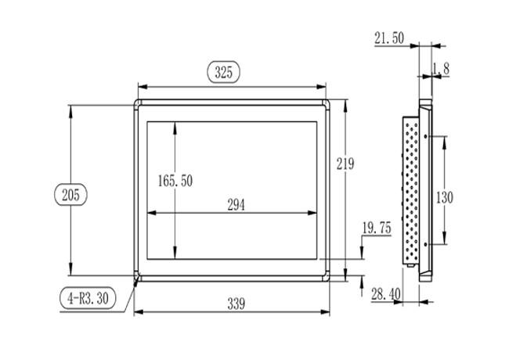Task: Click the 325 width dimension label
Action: pyautogui.click(x=224, y=72)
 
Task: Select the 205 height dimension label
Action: pyautogui.click(x=70, y=195)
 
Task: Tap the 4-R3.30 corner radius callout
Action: pyautogui.click(x=88, y=298)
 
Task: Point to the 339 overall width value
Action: pyautogui.click(x=236, y=304)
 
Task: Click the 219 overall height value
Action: pyautogui.click(x=345, y=164)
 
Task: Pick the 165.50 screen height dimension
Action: pyautogui.click(x=175, y=181)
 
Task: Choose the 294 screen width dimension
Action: pyautogui.click(x=236, y=205)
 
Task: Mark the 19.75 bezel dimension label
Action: pyautogui.click(x=377, y=228)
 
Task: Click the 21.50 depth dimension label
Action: pyautogui.click(x=389, y=38)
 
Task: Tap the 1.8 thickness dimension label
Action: pyautogui.click(x=441, y=69)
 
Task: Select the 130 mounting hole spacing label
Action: pyautogui.click(x=445, y=197)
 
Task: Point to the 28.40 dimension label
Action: pyautogui.click(x=386, y=294)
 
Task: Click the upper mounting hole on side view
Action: pyautogui.click(x=425, y=136)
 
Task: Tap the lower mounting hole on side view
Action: pyautogui.click(x=425, y=244)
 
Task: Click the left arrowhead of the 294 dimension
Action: pyautogui.click(x=152, y=213)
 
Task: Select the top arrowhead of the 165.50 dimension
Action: pyautogui.click(x=175, y=127)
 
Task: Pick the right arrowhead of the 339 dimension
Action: pyautogui.click(x=325, y=312)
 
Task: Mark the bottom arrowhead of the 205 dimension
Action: pyautogui.click(x=70, y=271)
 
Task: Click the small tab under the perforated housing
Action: pyautogui.click(x=411, y=265)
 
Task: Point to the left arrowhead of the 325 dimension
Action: pyautogui.click(x=143, y=87)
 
